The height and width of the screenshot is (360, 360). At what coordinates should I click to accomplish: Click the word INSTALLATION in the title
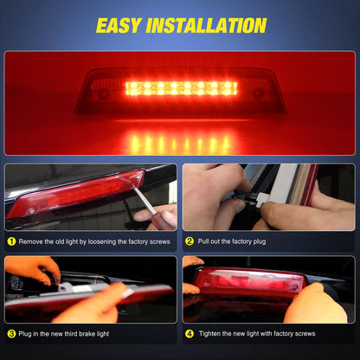(x=206, y=25)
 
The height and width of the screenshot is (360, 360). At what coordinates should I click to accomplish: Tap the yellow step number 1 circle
(x=11, y=241)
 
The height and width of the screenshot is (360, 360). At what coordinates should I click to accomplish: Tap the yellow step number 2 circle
(x=190, y=241)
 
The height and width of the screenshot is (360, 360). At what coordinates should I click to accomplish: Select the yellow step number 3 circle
(x=11, y=334)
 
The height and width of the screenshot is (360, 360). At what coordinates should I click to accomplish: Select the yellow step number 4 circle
(x=190, y=334)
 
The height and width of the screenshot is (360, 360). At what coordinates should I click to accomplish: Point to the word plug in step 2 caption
(x=259, y=241)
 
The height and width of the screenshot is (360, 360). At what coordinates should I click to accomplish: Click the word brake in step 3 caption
(x=87, y=334)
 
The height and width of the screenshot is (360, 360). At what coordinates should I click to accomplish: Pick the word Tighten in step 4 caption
(x=209, y=334)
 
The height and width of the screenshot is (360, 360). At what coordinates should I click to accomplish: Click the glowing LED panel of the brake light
(x=182, y=88)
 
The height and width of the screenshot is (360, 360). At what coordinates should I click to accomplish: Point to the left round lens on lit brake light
(x=101, y=93)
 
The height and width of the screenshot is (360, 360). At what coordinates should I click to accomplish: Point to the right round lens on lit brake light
(x=258, y=93)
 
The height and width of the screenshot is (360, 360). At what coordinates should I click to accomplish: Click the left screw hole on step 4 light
(x=206, y=283)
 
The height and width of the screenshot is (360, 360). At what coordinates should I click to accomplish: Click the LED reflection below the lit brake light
(x=180, y=144)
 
